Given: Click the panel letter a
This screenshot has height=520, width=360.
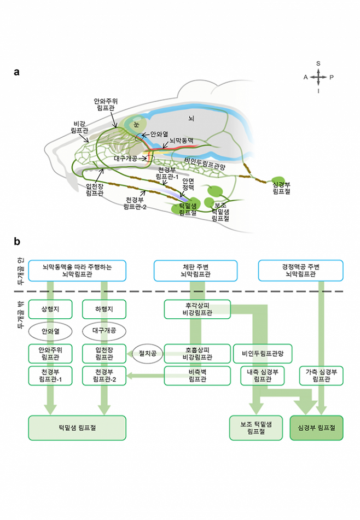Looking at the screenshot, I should tap(17, 72).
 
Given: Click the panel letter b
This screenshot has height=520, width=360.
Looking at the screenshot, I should tap(17, 241).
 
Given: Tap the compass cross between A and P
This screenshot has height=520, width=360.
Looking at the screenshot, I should tap(318, 77).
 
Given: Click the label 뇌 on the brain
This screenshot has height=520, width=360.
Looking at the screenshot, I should tap(191, 118).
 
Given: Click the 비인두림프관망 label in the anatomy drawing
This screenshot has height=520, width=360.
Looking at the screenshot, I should tap(206, 162).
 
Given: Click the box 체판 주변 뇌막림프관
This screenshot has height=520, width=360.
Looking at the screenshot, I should tap(195, 271).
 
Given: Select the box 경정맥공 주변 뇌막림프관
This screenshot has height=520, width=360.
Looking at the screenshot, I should tap(300, 271).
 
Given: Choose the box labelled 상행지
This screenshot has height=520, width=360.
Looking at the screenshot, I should tap(50, 309).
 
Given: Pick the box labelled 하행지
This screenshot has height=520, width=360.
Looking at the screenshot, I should tap(104, 309).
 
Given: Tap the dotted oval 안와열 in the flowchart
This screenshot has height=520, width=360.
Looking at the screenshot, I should tap(50, 331).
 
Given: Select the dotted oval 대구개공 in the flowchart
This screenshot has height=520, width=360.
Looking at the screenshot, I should tap(104, 331).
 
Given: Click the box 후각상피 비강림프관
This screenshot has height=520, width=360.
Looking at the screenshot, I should tap(197, 309).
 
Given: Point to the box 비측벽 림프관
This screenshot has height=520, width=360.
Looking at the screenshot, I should tap(197, 376).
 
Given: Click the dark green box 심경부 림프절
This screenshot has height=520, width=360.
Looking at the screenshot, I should tap(316, 428).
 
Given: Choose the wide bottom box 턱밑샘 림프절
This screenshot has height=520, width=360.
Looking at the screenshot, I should tap(77, 428).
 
